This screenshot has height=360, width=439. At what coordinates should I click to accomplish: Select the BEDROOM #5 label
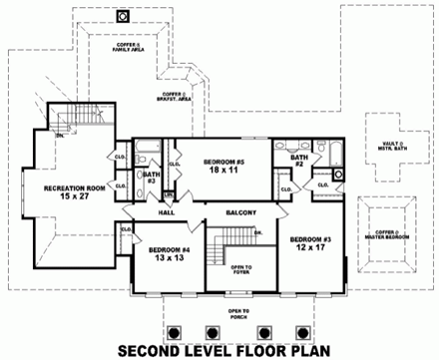225,162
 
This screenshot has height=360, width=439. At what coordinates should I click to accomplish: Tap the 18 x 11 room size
225,172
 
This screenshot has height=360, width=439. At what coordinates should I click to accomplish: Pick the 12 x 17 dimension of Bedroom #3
311,249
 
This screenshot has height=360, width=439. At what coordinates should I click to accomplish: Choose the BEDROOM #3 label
311,239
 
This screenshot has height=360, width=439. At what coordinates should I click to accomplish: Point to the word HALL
166,212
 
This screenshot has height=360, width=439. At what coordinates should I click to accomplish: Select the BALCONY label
240,212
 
